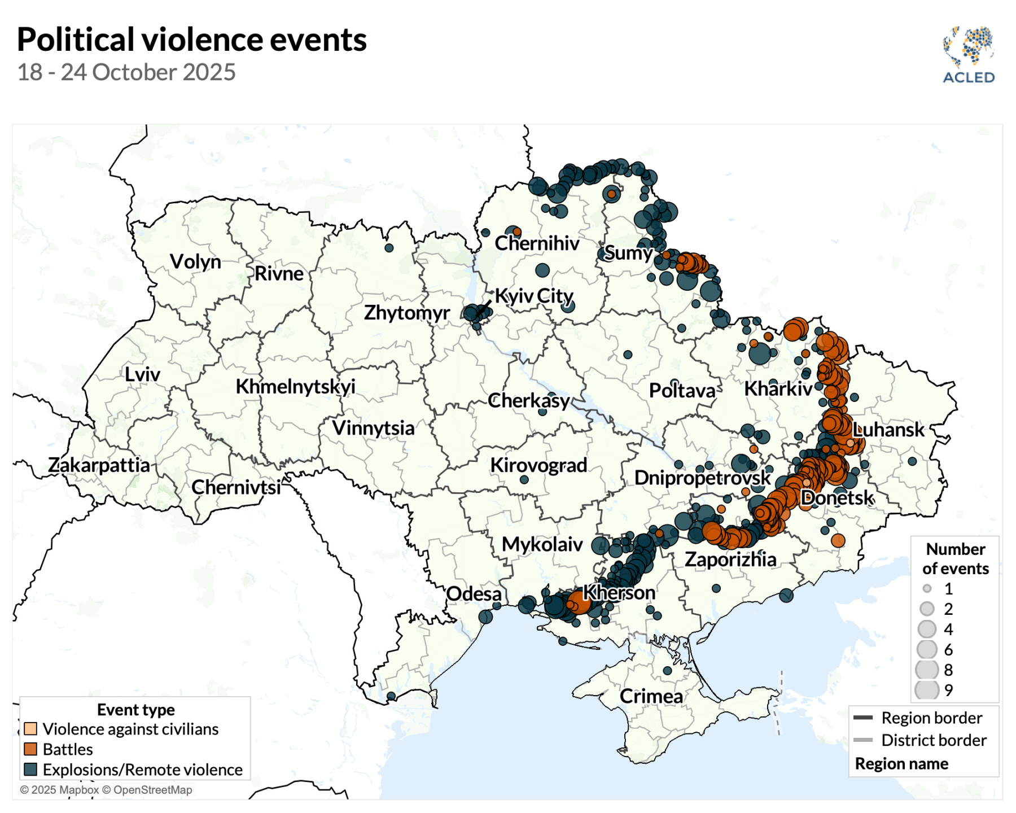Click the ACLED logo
[x=969, y=55]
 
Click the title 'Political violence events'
[x=192, y=40]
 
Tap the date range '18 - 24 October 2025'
[x=126, y=72]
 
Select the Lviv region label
[x=142, y=374]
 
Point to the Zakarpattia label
[x=99, y=465]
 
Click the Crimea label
[x=651, y=696]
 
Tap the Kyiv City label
[x=534, y=296]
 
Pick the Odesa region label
[x=474, y=594]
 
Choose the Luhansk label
[x=888, y=430]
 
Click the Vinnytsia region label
[x=373, y=428]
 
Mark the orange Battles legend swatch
[x=30, y=749]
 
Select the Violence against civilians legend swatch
[x=30, y=729]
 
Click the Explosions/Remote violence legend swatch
[x=30, y=770]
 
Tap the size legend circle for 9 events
[x=927, y=690]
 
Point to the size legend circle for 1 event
[x=927, y=589]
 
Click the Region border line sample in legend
[x=863, y=718]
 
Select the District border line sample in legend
[x=863, y=740]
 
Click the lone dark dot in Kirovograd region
[x=524, y=479]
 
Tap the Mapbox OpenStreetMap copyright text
[x=106, y=790]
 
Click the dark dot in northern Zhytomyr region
[x=389, y=248]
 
